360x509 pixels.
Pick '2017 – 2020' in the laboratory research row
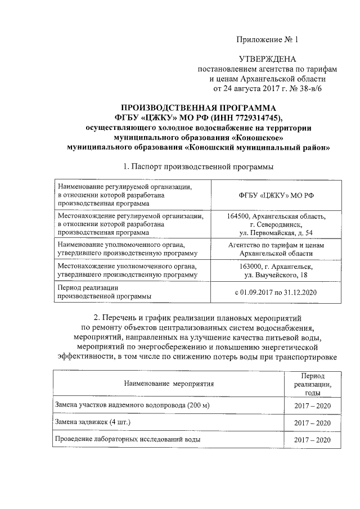pyautogui.click(x=312, y=440)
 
